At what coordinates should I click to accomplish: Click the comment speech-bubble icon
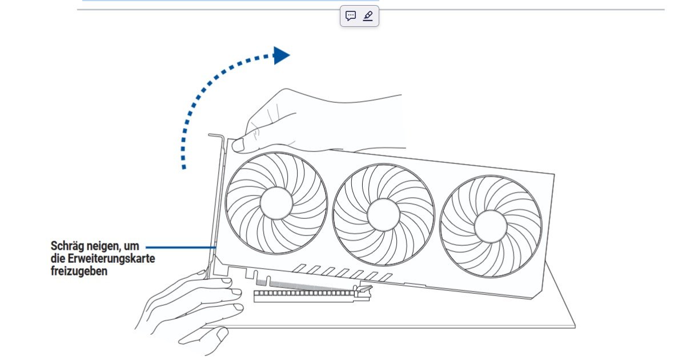(351, 16)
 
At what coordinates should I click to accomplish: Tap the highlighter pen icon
(368, 16)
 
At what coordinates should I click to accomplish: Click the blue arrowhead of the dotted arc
(282, 56)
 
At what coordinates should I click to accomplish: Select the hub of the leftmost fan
(276, 203)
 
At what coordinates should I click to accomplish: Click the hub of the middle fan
(383, 215)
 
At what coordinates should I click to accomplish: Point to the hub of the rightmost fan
(491, 226)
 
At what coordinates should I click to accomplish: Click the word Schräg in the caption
(67, 246)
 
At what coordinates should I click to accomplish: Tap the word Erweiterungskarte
(111, 259)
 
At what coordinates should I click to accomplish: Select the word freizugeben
(79, 271)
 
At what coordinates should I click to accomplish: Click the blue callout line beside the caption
(181, 247)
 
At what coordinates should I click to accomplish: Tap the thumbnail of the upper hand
(238, 145)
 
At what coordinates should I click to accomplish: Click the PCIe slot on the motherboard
(311, 296)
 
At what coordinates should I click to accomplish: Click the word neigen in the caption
(104, 246)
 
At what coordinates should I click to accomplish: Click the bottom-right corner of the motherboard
(575, 327)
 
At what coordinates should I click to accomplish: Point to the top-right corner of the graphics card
(555, 174)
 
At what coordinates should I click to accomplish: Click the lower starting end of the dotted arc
(184, 167)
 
